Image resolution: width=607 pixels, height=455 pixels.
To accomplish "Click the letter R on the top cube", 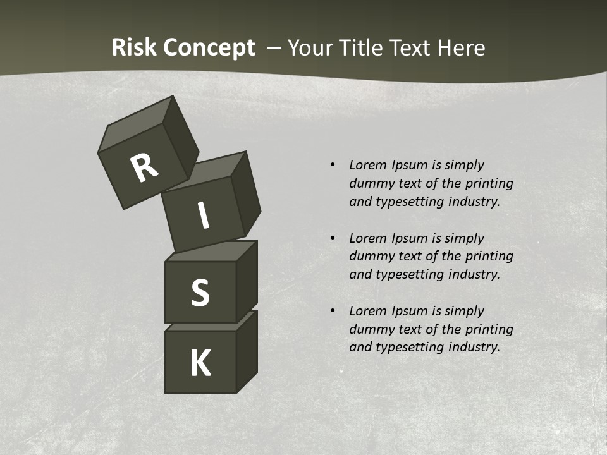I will click(144, 168).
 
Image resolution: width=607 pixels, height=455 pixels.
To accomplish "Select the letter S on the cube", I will click(200, 293).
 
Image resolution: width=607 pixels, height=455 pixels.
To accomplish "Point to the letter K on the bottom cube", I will click(200, 363).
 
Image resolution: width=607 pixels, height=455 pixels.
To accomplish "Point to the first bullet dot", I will click(333, 166).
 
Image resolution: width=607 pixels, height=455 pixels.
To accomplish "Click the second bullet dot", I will click(333, 238).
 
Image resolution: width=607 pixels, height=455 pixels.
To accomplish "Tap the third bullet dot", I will click(333, 311).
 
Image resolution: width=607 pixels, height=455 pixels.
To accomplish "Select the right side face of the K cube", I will click(247, 351).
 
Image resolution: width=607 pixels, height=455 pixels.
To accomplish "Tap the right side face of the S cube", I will click(247, 281).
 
